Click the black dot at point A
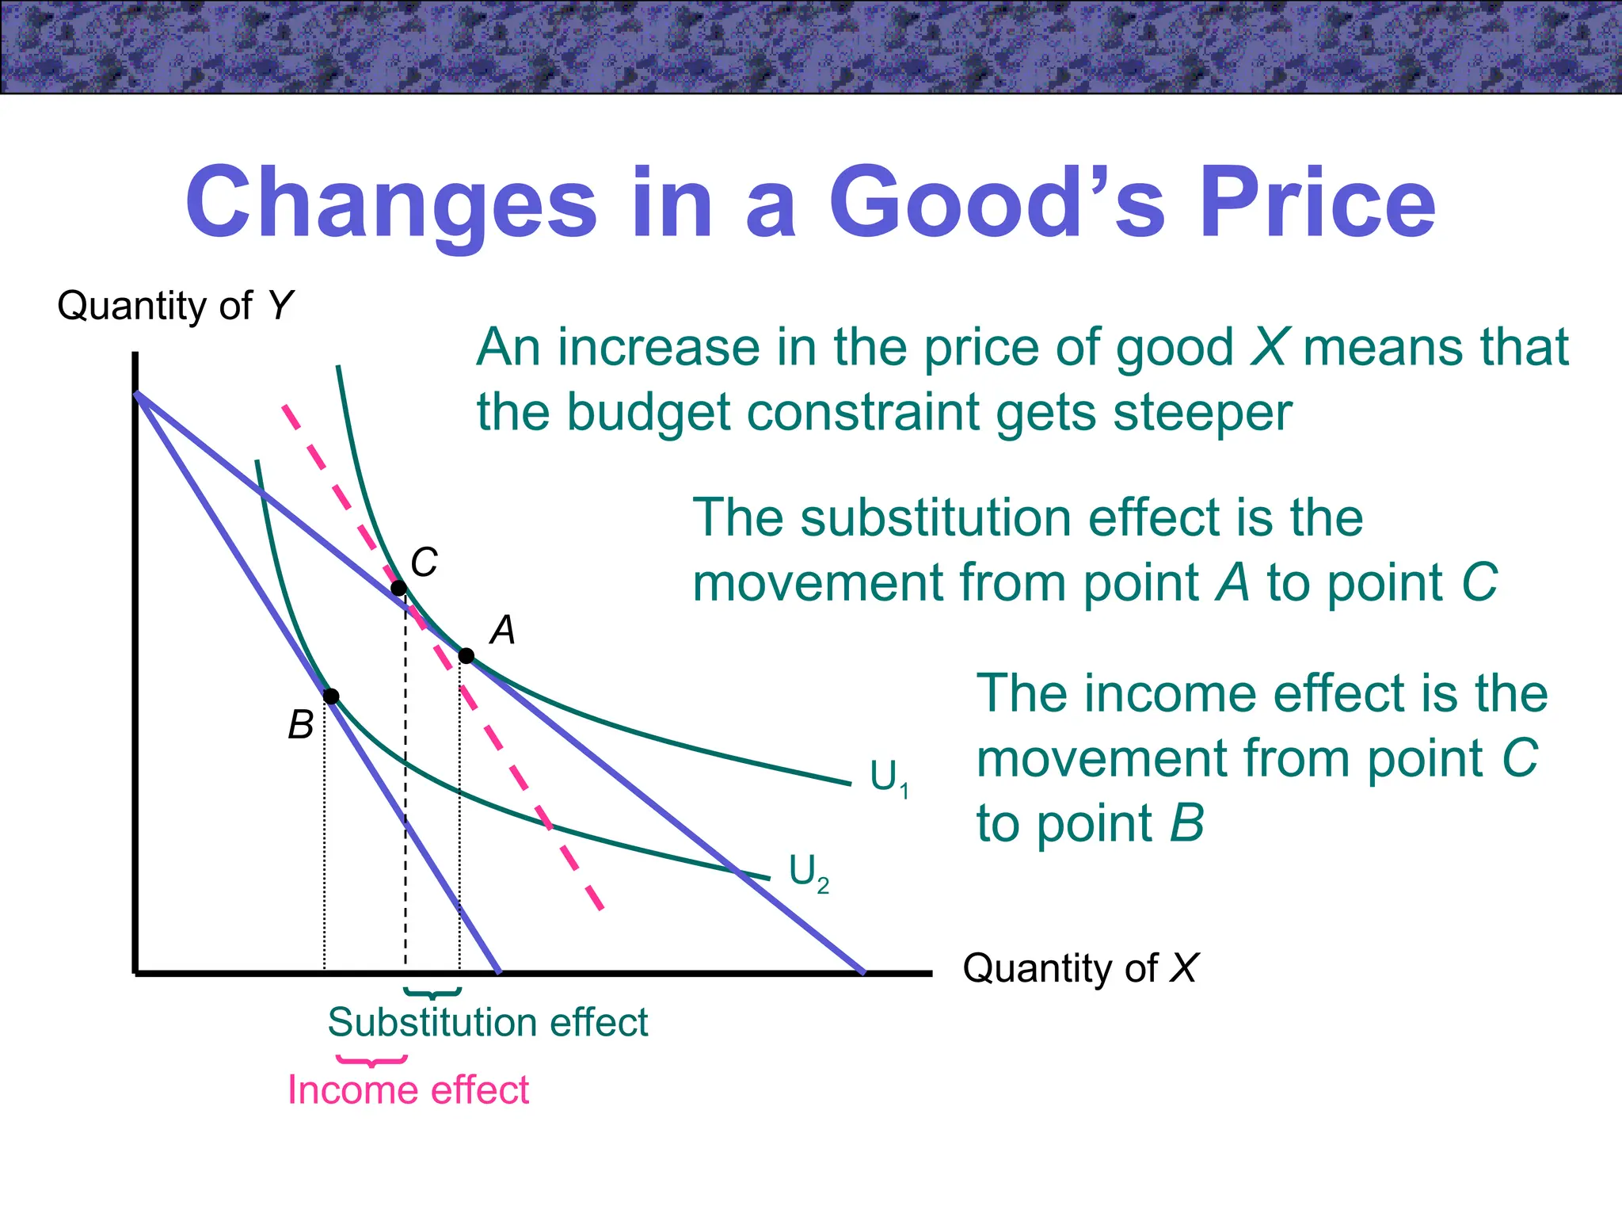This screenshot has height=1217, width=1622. tap(466, 655)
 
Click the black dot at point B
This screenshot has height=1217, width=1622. tap(332, 696)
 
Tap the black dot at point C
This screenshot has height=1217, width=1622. tap(399, 588)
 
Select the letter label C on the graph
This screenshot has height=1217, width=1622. tap(425, 563)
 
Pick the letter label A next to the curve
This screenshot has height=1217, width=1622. tap(503, 631)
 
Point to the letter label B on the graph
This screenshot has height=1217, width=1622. tap(301, 725)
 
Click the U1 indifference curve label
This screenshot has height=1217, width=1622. tap(889, 777)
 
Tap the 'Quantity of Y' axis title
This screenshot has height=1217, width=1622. tap(175, 306)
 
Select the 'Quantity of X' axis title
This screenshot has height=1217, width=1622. tap(1080, 968)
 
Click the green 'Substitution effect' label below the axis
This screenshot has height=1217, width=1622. tap(488, 1022)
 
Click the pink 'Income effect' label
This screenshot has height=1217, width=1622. tap(408, 1089)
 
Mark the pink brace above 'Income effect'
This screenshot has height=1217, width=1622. tap(371, 1060)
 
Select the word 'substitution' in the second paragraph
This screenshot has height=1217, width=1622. tap(937, 518)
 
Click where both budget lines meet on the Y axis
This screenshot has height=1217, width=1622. tap(137, 393)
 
